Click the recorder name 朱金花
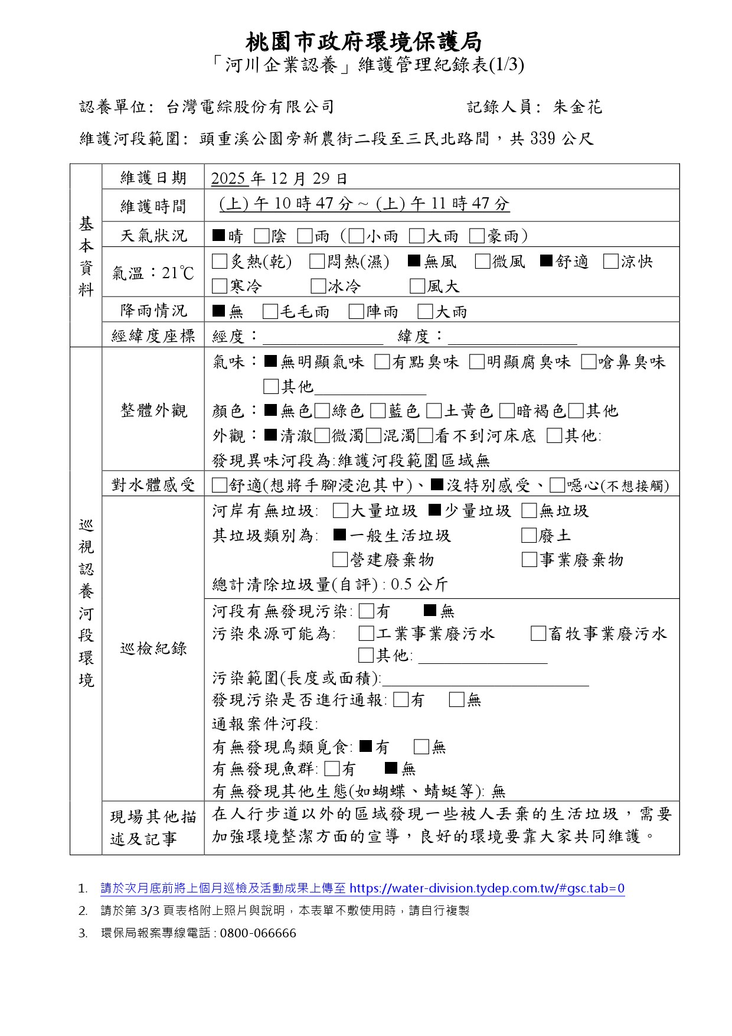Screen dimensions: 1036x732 pos(577,107)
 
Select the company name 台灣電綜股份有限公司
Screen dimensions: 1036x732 pos(251,107)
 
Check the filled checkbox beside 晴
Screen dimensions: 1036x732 pos(218,236)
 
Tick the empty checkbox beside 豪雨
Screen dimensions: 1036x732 pos(477,236)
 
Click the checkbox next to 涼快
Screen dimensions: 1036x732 pos(610,262)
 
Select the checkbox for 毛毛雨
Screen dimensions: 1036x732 pos(270,311)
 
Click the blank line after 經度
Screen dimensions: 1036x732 pos(322,338)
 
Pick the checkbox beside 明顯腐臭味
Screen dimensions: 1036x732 pos(477,361)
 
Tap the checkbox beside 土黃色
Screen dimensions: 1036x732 pos(434,411)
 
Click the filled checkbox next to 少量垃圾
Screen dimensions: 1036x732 pos(434,510)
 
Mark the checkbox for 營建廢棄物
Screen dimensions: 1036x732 pos(340,559)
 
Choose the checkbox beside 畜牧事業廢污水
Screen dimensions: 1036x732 pos(538,634)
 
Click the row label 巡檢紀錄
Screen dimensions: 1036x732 pos(153,649)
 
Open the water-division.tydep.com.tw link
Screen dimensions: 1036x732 pos(487,888)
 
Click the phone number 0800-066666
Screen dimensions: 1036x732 pos(258,933)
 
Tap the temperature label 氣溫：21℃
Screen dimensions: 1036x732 pos(153,273)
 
